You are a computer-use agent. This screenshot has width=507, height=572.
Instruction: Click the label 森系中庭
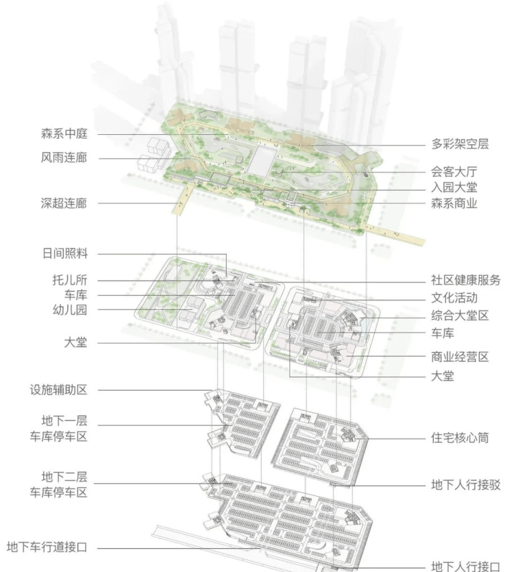click(x=64, y=133)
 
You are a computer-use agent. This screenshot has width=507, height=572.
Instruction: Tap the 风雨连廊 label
click(x=64, y=158)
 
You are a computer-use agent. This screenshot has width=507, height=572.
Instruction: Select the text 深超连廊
click(x=64, y=203)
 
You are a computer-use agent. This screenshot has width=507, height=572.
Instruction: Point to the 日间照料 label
click(x=65, y=253)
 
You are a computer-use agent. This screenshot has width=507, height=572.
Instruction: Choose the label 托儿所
click(x=70, y=280)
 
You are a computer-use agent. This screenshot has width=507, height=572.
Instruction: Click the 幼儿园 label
click(x=70, y=310)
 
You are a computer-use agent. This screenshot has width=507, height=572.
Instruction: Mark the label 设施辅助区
click(x=59, y=390)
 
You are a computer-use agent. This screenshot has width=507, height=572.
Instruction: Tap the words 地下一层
click(x=64, y=421)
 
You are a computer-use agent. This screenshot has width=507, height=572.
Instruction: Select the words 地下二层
click(x=64, y=477)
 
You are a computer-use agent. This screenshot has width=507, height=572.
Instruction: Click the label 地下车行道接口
click(x=47, y=547)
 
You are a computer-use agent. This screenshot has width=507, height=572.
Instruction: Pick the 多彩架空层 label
click(x=460, y=144)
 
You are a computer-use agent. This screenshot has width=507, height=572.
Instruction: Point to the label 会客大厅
click(x=454, y=172)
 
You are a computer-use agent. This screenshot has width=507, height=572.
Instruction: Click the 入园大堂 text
click(x=454, y=187)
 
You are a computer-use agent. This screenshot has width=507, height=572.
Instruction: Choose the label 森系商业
click(x=454, y=204)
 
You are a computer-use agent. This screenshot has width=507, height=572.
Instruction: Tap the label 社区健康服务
click(x=466, y=280)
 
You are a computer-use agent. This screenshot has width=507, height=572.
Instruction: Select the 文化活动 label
click(x=454, y=298)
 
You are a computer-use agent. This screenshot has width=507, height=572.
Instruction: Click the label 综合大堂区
click(x=460, y=315)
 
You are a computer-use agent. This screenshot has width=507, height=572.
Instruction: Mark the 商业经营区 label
click(x=460, y=356)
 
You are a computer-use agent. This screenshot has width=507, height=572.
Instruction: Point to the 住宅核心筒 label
click(x=460, y=438)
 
